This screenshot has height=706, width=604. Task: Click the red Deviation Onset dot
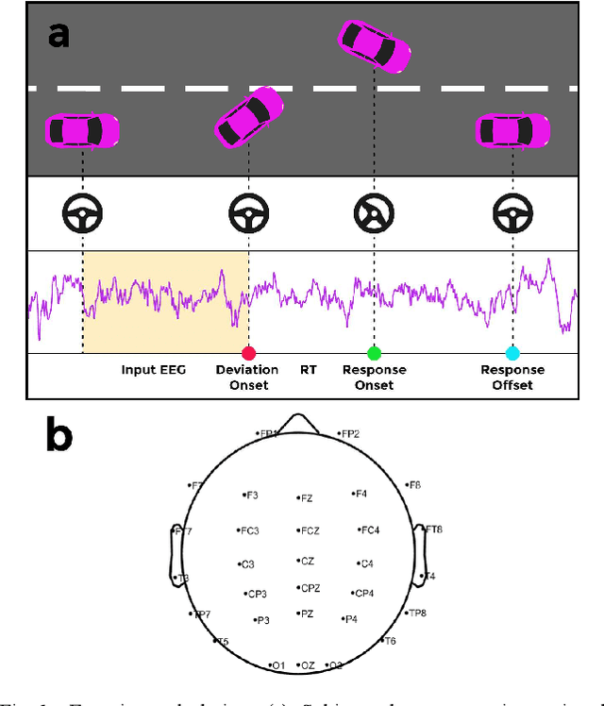[249, 353]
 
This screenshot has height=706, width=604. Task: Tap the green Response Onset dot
[374, 353]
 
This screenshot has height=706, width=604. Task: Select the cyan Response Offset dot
[512, 353]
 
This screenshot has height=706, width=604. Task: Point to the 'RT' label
[309, 370]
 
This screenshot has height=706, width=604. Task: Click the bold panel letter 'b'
[59, 436]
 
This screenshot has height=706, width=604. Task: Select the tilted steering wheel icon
[374, 213]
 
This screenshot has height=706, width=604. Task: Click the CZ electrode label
[307, 561]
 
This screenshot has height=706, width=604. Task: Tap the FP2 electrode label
[349, 434]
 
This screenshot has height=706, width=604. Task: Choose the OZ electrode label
[307, 665]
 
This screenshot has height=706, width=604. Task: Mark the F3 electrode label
[251, 495]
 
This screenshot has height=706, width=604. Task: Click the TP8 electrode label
[417, 613]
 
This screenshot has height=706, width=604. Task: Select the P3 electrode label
[261, 620]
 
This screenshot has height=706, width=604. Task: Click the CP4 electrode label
[363, 594]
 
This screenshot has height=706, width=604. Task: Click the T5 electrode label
[222, 642]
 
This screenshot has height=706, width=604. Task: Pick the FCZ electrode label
[309, 531]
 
